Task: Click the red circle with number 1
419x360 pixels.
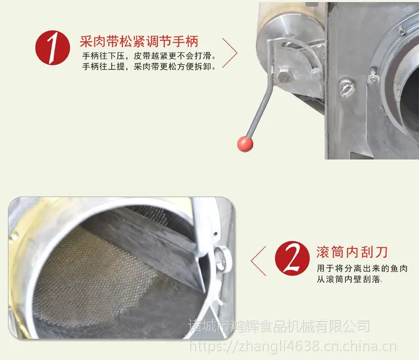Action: point(53,47)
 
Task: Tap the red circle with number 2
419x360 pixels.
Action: point(292,258)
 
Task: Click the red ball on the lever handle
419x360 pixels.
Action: point(245,144)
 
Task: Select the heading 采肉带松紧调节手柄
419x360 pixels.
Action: point(139,41)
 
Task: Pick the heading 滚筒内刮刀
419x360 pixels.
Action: point(352,252)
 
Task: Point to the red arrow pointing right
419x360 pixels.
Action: point(230,52)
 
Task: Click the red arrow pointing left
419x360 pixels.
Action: point(258,261)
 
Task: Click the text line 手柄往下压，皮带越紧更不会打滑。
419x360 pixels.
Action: point(149,56)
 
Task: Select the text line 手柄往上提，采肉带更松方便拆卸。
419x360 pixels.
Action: point(149,66)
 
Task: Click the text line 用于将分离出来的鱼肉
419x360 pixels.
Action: point(362,268)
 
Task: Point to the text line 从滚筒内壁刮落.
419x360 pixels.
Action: point(350,279)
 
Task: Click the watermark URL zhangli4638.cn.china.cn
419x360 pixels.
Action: point(293,347)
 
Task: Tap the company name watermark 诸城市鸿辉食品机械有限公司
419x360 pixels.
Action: point(279,326)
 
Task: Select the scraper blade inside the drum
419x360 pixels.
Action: point(150,241)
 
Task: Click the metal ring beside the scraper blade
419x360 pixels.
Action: point(222,258)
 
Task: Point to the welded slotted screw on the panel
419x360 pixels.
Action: point(346,87)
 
